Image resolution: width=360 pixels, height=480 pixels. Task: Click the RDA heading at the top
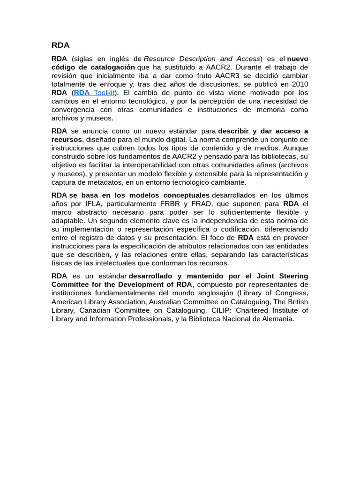pyautogui.click(x=60, y=45)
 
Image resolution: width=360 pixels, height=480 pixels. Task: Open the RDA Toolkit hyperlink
pyautogui.click(x=94, y=93)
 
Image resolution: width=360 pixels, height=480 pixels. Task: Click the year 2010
pyautogui.click(x=300, y=84)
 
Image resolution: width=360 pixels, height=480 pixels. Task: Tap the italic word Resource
pyautogui.click(x=159, y=59)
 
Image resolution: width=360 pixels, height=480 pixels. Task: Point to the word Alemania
pyautogui.click(x=277, y=319)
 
